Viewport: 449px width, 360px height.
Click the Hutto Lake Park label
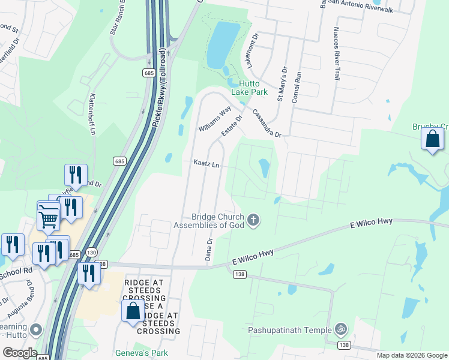[x=253, y=88]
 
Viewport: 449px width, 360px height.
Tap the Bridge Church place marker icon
[x=253, y=220]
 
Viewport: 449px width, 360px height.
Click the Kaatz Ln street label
[x=206, y=163]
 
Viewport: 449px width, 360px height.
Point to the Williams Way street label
[x=215, y=119]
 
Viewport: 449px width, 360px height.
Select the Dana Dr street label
[x=209, y=248]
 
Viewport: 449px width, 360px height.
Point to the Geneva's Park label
[x=142, y=353]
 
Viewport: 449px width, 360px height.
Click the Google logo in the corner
[x=19, y=353]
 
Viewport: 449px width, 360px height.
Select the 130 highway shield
[x=91, y=252]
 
